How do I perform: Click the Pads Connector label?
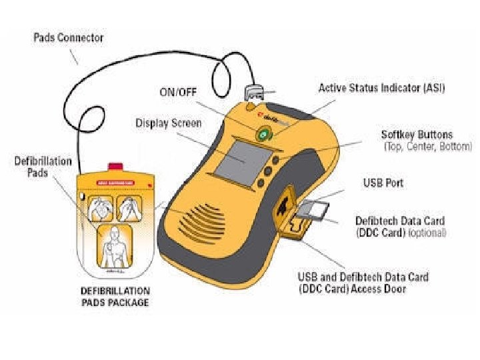click(x=69, y=37)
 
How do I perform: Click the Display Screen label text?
click(x=168, y=123)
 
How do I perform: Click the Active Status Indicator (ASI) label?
click(x=381, y=88)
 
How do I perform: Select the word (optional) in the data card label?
click(x=427, y=233)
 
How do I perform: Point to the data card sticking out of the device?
click(x=311, y=211)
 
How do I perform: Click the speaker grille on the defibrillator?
click(x=199, y=215)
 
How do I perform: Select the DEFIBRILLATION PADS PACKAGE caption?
click(x=115, y=297)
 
